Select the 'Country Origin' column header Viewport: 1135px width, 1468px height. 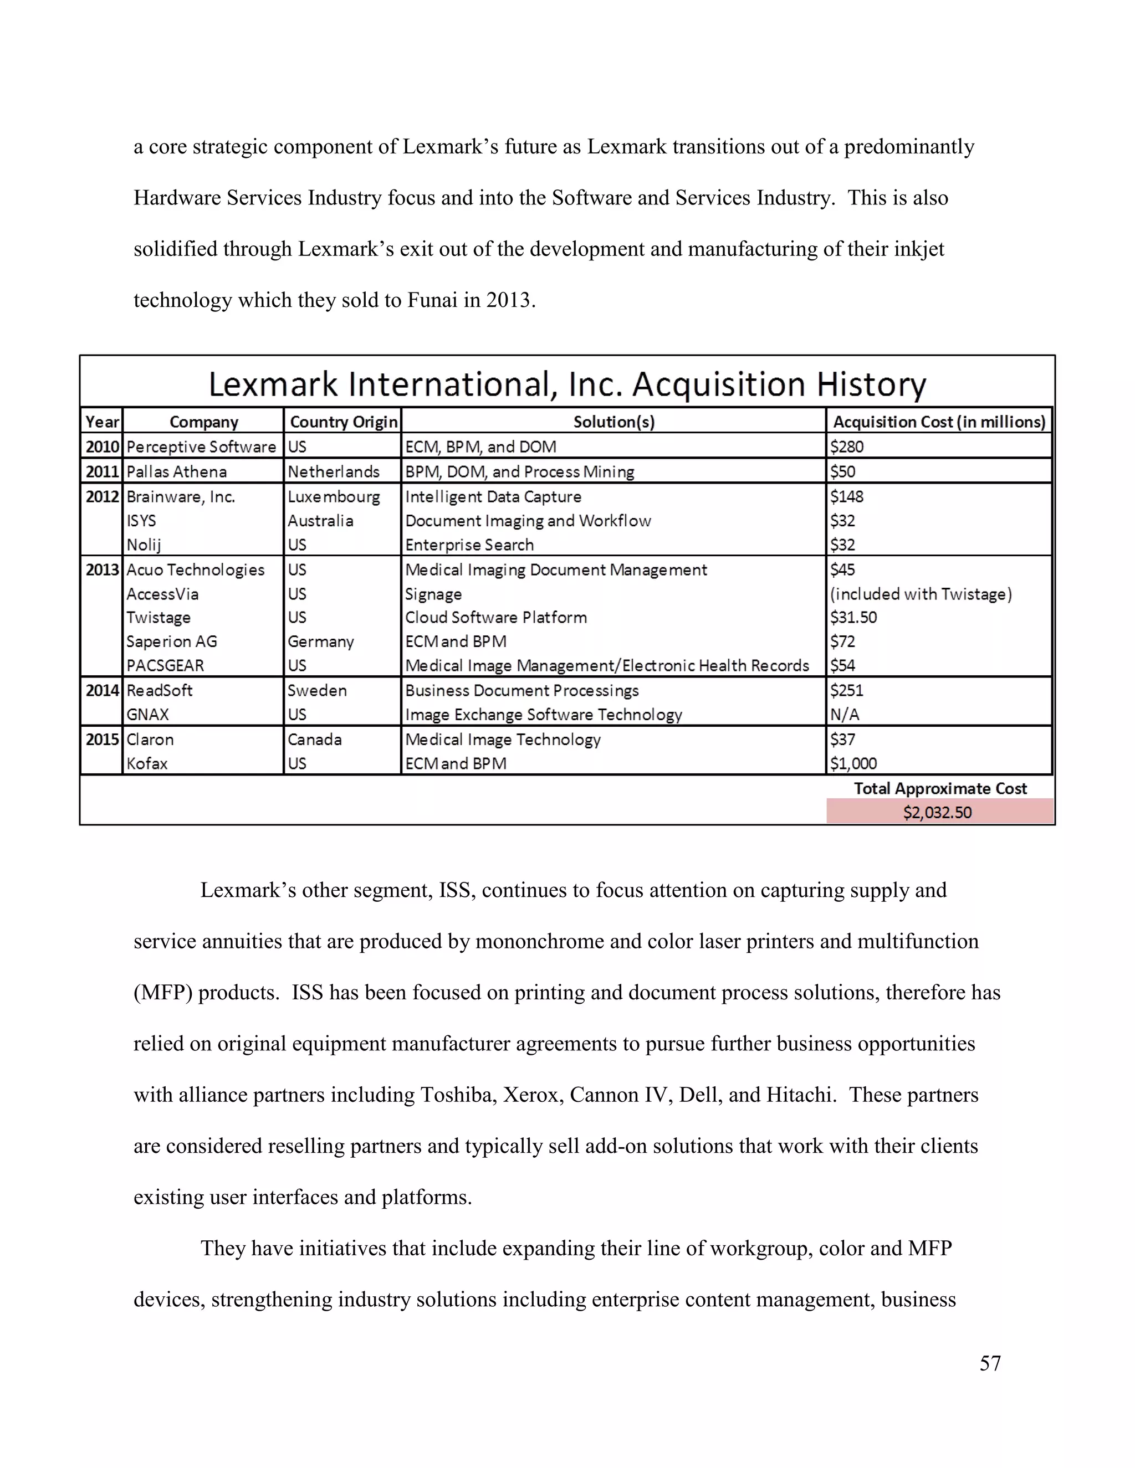[x=343, y=422]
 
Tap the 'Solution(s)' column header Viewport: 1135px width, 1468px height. [x=613, y=422]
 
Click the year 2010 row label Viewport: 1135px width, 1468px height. [x=102, y=447]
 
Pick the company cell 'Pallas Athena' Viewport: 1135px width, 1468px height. [x=176, y=472]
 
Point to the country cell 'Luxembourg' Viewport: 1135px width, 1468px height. [x=334, y=497]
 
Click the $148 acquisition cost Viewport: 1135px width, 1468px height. [x=847, y=497]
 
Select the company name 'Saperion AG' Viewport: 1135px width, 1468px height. [x=171, y=641]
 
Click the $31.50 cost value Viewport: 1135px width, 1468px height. [x=853, y=618]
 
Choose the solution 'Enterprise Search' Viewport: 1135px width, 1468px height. [x=469, y=545]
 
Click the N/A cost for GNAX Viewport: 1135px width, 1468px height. [x=845, y=715]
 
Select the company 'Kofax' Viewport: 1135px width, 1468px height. [x=146, y=763]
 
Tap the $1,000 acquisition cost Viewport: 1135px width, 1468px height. [x=853, y=763]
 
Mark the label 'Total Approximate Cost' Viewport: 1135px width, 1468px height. [x=940, y=788]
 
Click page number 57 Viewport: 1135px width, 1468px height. [x=990, y=1363]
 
